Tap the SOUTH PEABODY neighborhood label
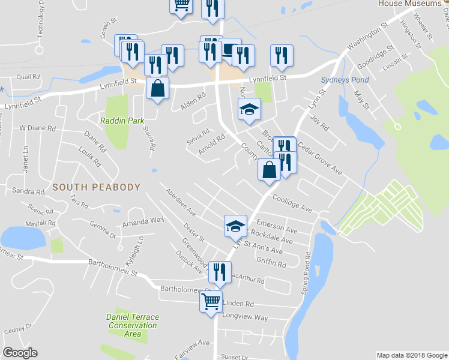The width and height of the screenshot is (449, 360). (96, 187)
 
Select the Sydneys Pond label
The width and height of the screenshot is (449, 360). (336, 80)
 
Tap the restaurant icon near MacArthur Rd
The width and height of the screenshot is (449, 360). (220, 272)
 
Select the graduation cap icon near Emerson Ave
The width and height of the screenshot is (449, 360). (235, 226)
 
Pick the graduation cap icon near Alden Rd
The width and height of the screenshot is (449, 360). (250, 110)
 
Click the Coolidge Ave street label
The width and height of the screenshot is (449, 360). (292, 203)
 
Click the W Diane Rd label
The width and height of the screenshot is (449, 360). (37, 128)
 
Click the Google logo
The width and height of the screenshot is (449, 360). (20, 353)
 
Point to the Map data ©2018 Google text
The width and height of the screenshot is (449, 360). (411, 355)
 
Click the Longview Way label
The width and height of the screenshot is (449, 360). (245, 317)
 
